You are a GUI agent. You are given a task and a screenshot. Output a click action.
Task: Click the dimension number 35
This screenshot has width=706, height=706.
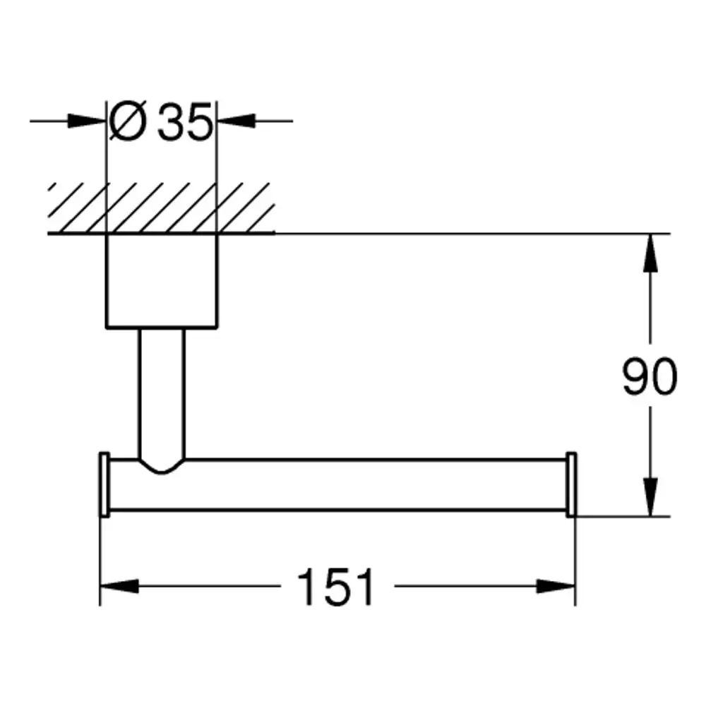click(184, 121)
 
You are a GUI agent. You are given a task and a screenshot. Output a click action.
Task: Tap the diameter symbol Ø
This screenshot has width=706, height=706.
click(128, 121)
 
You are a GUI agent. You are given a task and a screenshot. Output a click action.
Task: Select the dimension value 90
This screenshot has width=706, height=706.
click(650, 376)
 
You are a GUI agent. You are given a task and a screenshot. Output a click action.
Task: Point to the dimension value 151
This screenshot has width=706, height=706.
click(336, 586)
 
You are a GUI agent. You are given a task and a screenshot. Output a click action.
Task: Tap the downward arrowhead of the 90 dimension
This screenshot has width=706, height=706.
click(650, 497)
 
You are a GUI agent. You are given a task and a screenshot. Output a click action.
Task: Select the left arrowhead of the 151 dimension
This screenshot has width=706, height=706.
click(119, 586)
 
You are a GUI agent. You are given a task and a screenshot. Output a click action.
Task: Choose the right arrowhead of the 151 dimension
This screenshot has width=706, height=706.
click(556, 586)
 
